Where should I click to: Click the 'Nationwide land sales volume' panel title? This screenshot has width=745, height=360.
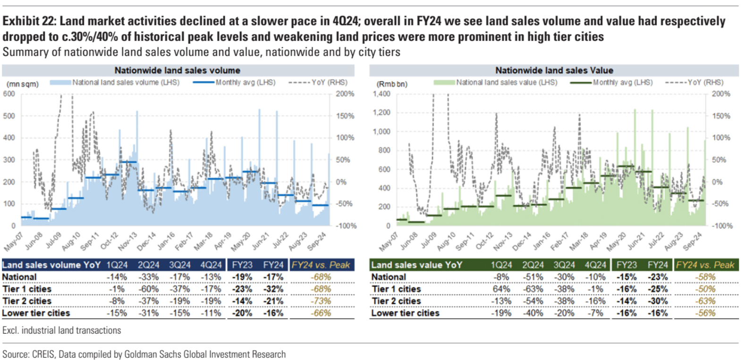177,70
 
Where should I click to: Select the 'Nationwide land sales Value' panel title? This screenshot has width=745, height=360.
554,70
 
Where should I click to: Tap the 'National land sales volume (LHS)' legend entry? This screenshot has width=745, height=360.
126,83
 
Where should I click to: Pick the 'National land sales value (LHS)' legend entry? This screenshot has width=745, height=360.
506,83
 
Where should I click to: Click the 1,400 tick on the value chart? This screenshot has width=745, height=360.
381,94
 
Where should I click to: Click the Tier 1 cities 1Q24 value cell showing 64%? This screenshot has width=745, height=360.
501,289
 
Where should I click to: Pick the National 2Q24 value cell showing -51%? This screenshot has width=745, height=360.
533,277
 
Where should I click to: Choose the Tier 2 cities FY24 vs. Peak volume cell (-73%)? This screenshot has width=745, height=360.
322,301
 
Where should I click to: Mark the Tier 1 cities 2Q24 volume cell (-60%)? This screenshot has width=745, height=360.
148,289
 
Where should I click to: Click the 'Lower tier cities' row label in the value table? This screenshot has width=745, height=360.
405,313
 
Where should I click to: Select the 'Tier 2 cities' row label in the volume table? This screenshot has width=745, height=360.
27,301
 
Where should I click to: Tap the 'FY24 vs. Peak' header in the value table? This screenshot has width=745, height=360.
705,265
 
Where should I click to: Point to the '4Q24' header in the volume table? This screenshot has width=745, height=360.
211,265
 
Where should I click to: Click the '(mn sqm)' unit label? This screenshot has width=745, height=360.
23,84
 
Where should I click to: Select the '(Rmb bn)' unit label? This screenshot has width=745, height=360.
392,84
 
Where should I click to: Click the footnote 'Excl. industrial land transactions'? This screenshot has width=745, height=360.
62,331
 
